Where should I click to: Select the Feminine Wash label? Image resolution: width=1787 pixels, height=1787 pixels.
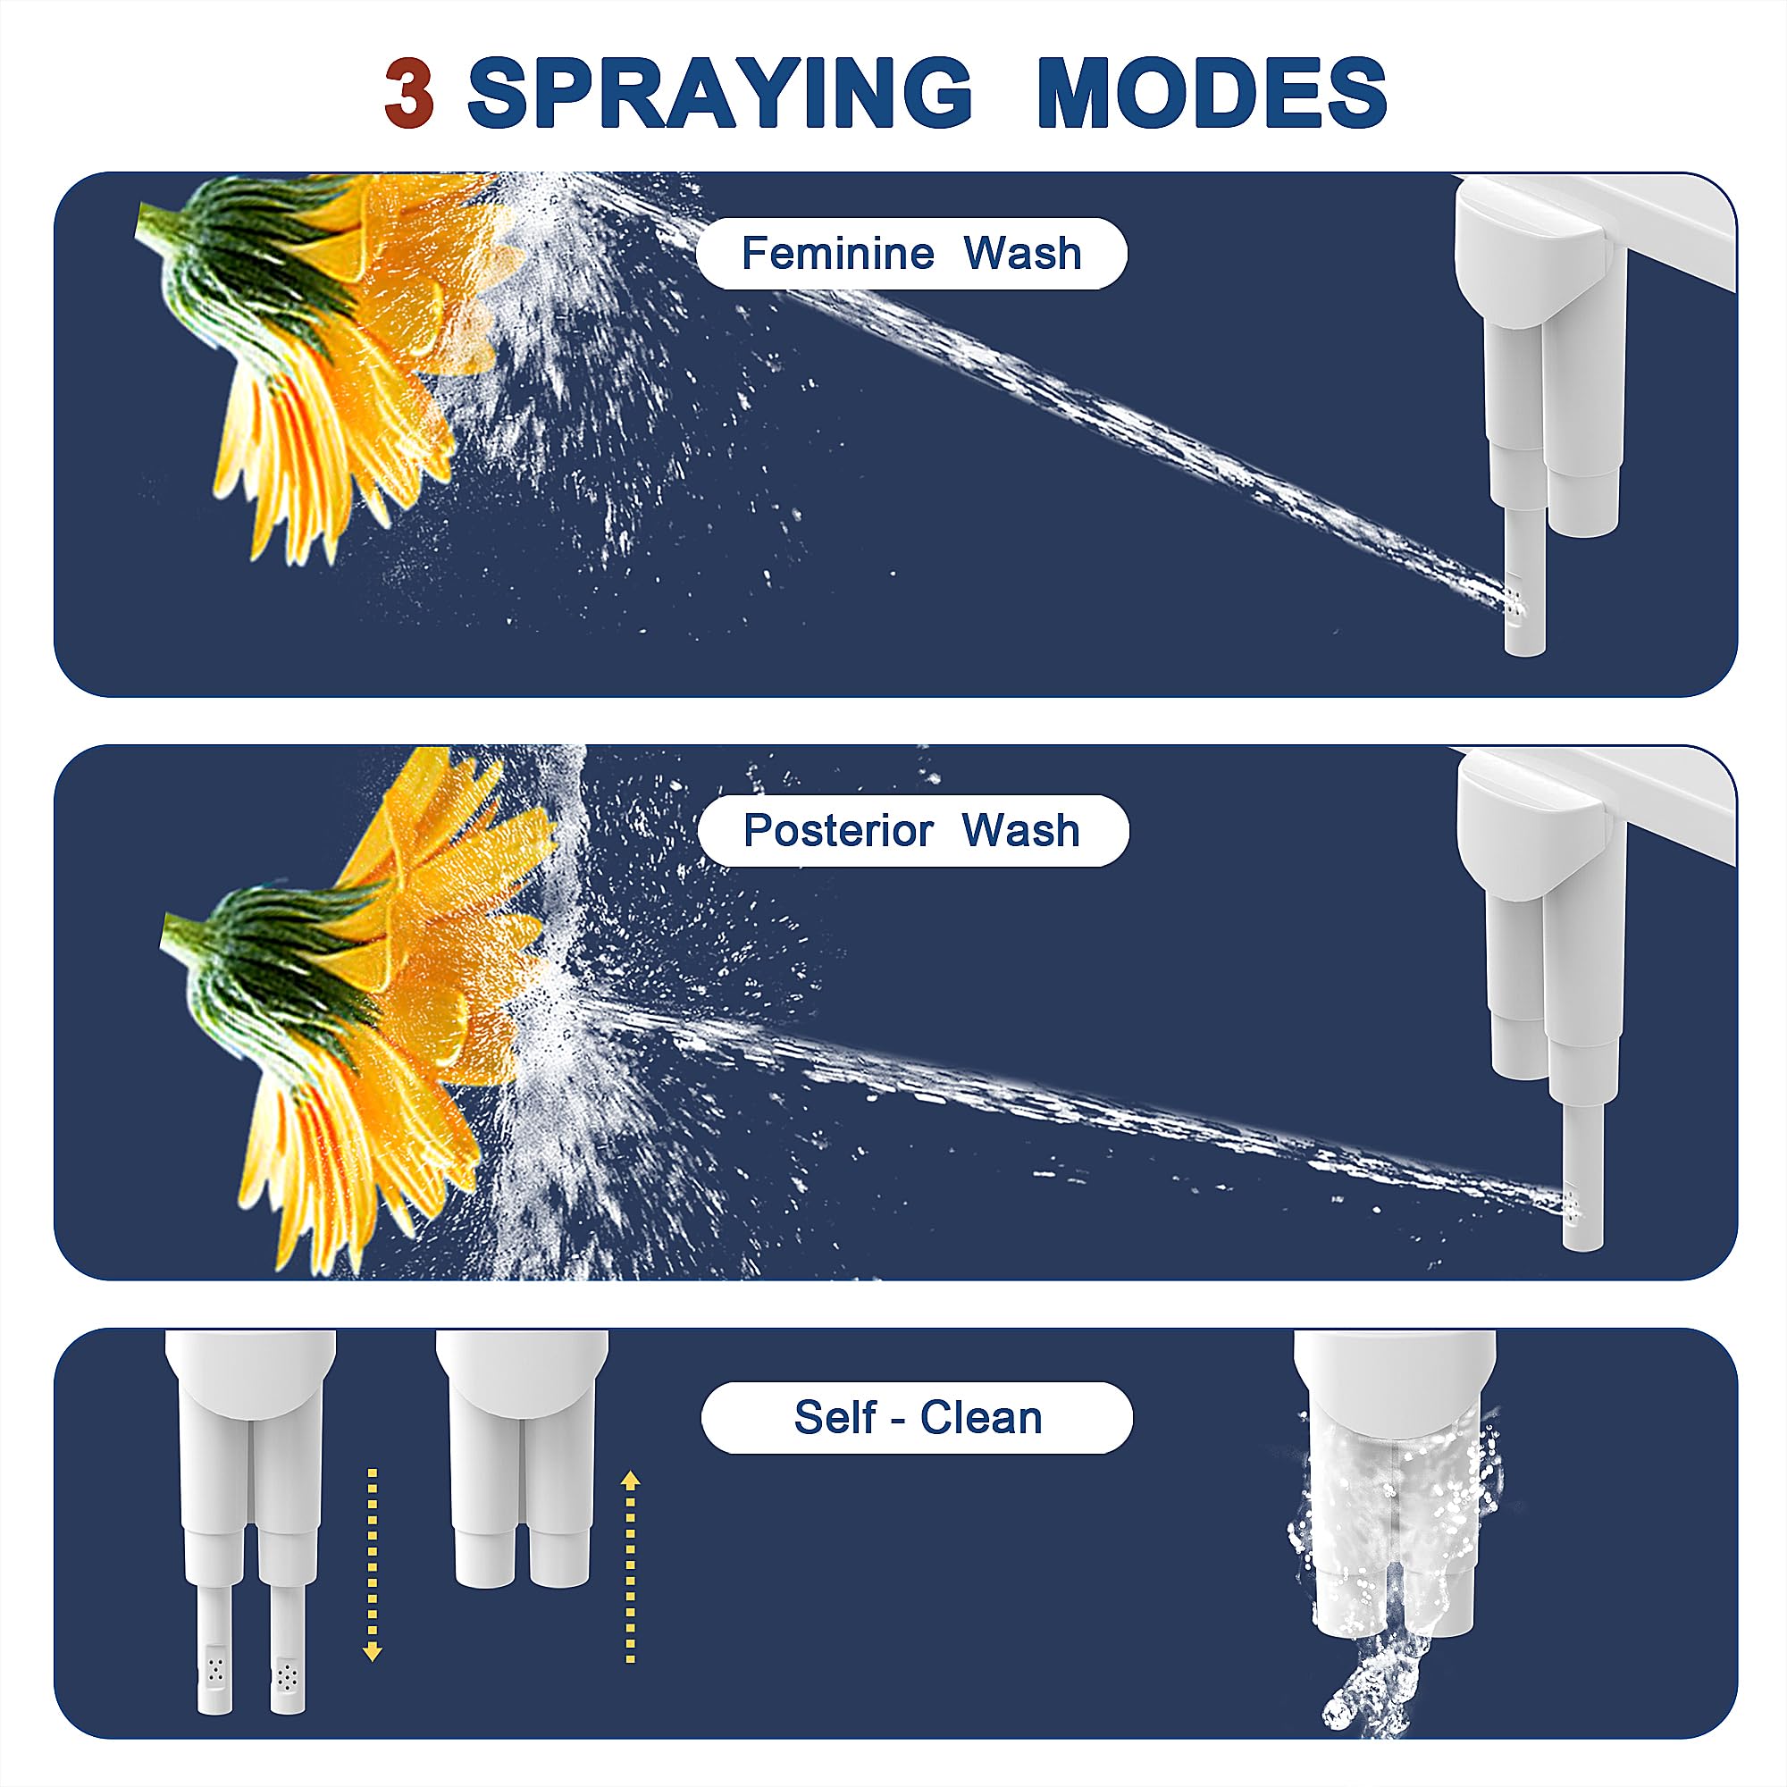(911, 254)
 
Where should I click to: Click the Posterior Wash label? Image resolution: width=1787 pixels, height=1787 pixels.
(912, 831)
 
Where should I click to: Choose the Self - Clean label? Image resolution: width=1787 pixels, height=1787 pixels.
(917, 1418)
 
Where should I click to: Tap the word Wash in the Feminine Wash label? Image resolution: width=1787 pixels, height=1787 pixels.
(1022, 254)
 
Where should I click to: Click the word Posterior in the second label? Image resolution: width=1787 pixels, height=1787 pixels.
(838, 831)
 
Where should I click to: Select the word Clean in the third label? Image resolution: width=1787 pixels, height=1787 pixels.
(981, 1418)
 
